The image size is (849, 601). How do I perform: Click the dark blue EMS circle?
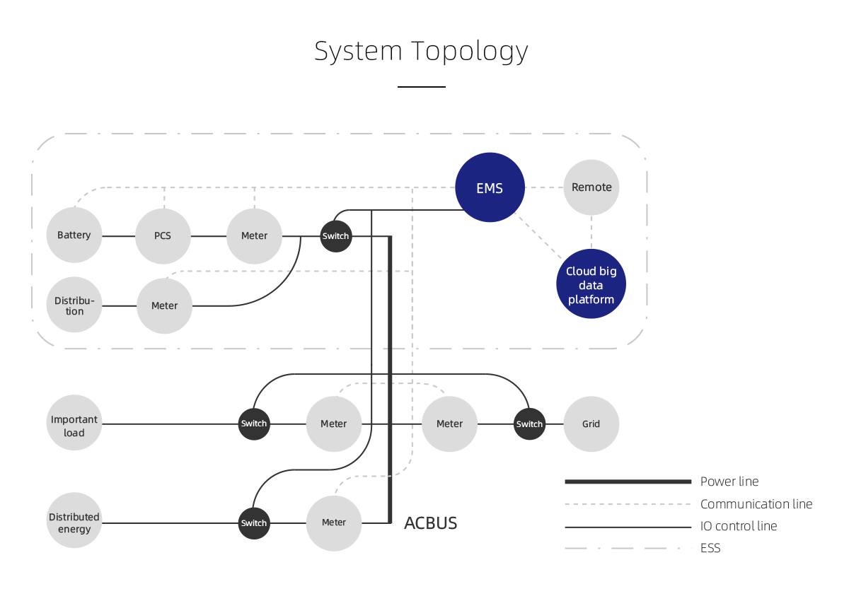pyautogui.click(x=490, y=187)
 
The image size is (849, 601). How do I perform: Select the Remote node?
pyautogui.click(x=591, y=187)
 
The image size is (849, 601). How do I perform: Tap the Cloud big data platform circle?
pyautogui.click(x=591, y=284)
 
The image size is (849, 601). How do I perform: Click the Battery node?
pyautogui.click(x=74, y=235)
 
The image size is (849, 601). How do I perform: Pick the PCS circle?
pyautogui.click(x=163, y=235)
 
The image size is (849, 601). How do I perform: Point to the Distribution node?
pyautogui.click(x=74, y=305)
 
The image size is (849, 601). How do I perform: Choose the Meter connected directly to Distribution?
pyautogui.click(x=164, y=305)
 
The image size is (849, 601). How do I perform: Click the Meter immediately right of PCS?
pyautogui.click(x=254, y=235)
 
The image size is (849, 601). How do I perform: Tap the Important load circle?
pyautogui.click(x=74, y=426)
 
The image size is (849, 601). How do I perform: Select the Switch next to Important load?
pyautogui.click(x=253, y=424)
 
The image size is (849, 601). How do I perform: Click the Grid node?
pyautogui.click(x=591, y=424)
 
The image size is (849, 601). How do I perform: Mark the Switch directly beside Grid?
pyautogui.click(x=529, y=424)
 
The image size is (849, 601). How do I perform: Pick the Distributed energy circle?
pyautogui.click(x=74, y=523)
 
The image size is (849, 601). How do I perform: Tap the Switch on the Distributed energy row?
pyautogui.click(x=253, y=523)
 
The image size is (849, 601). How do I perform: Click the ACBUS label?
pyautogui.click(x=430, y=523)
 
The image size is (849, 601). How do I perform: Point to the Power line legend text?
pyautogui.click(x=729, y=482)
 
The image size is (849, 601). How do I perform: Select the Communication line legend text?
pyautogui.click(x=756, y=504)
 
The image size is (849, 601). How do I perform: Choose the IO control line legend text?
pyautogui.click(x=738, y=526)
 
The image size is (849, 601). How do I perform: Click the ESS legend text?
pyautogui.click(x=710, y=548)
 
